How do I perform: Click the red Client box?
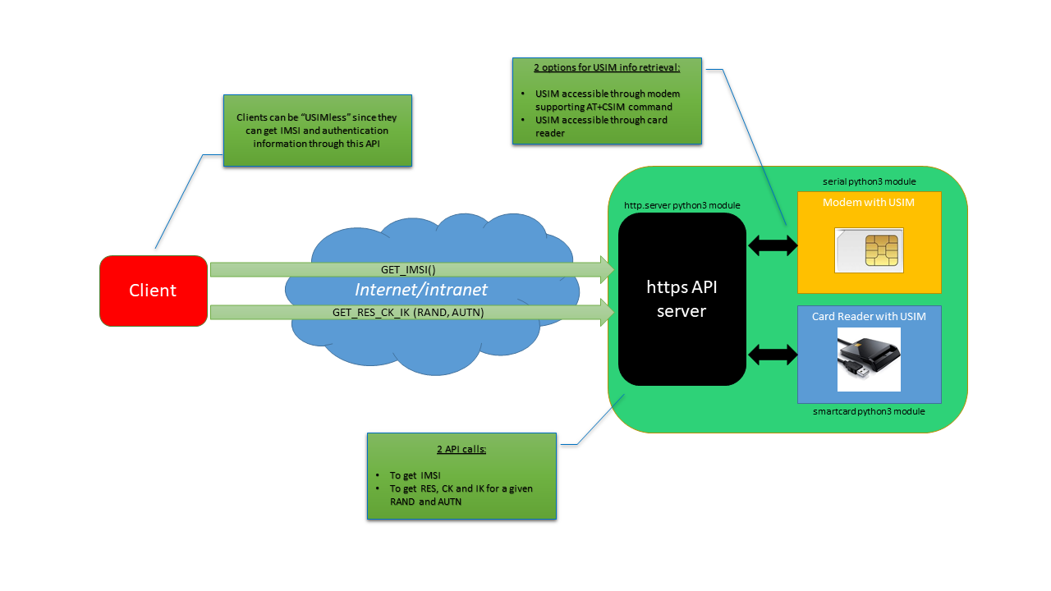[x=153, y=291]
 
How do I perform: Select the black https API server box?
[x=682, y=299]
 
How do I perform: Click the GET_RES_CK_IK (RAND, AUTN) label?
[x=408, y=312]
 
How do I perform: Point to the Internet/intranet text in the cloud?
[x=421, y=290]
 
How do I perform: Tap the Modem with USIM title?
[x=869, y=203]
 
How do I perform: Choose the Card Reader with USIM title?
[x=869, y=317]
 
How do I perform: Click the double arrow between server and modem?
[x=773, y=244]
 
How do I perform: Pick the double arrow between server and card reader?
[x=773, y=355]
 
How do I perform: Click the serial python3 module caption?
[x=869, y=181]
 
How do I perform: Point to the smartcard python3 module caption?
[x=869, y=411]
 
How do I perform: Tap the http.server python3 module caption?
[x=682, y=204]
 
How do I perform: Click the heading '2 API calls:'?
[x=461, y=450]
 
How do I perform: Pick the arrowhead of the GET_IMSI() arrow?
[x=608, y=269]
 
